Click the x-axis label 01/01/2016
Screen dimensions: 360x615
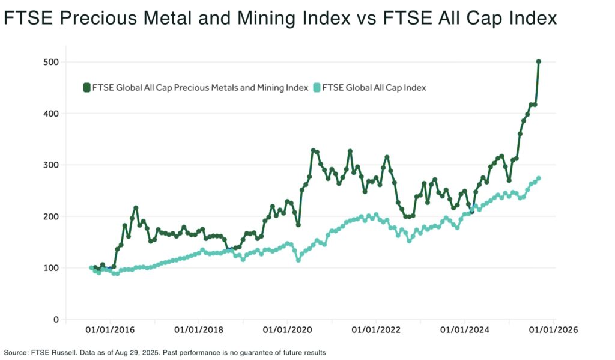(109, 330)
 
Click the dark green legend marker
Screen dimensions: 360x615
(87, 88)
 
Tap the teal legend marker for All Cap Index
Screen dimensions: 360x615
(317, 88)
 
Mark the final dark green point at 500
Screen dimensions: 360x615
(539, 61)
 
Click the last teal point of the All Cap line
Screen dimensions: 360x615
(538, 178)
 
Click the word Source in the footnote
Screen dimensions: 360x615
(15, 353)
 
